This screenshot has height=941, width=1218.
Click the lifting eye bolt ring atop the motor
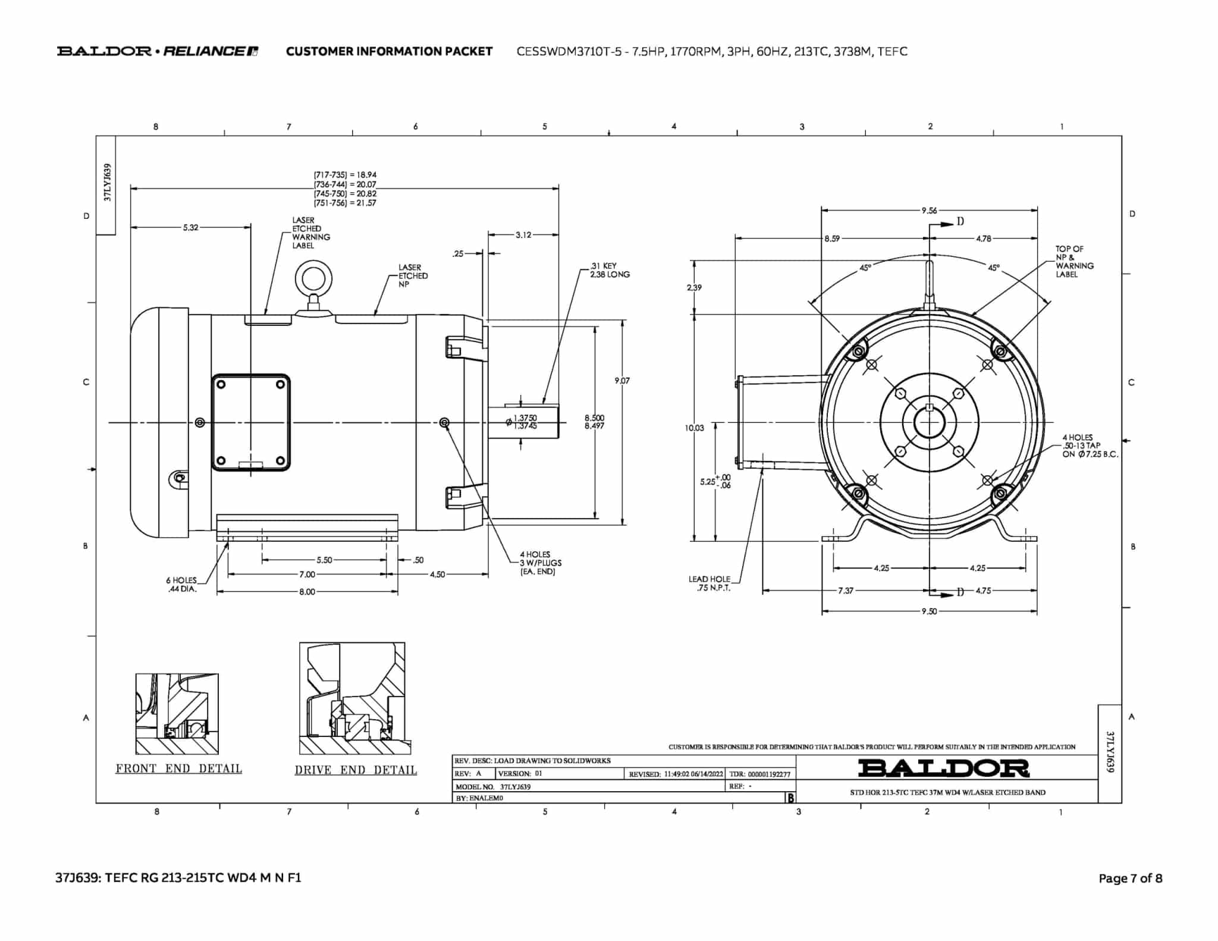click(x=313, y=278)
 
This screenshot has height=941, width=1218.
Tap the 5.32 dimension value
click(x=191, y=227)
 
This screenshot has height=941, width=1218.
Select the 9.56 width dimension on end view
click(x=929, y=210)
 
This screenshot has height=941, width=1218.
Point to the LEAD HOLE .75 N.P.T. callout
click(x=710, y=584)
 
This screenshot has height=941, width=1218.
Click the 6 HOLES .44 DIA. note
click(x=181, y=584)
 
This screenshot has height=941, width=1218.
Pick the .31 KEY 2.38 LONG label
click(x=609, y=270)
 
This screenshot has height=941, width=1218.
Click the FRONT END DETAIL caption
click(x=178, y=769)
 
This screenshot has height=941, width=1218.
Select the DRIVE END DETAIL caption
click(x=356, y=770)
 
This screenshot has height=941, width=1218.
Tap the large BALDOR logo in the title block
click(x=943, y=768)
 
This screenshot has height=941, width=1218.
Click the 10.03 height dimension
click(x=694, y=428)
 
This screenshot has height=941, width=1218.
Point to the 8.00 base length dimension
click(x=307, y=592)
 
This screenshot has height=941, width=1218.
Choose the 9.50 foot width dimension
click(x=929, y=611)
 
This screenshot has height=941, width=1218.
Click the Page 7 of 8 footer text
click(x=1130, y=878)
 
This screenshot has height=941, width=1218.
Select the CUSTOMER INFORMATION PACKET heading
click(x=389, y=51)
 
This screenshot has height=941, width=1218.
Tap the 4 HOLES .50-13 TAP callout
click(x=1090, y=446)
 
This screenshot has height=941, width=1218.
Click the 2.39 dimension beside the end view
click(x=694, y=287)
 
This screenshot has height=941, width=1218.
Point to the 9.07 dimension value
click(x=622, y=381)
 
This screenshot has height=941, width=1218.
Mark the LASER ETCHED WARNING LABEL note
click(x=310, y=233)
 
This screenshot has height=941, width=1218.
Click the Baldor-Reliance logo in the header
click(x=158, y=51)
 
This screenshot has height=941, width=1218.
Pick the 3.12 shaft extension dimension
click(x=523, y=235)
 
